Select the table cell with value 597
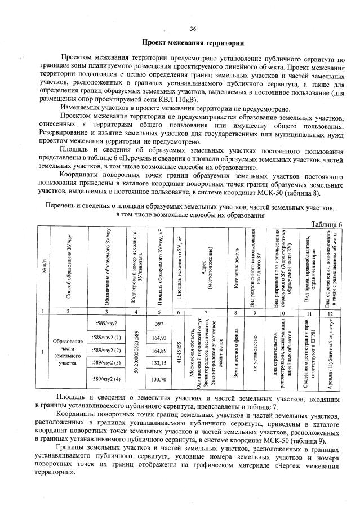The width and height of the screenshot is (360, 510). [158, 323]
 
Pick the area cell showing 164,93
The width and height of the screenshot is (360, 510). [158, 338]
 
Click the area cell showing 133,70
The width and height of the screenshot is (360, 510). [158, 380]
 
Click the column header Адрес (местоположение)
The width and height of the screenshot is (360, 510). [208, 268]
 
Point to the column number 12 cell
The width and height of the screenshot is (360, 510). [334, 311]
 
